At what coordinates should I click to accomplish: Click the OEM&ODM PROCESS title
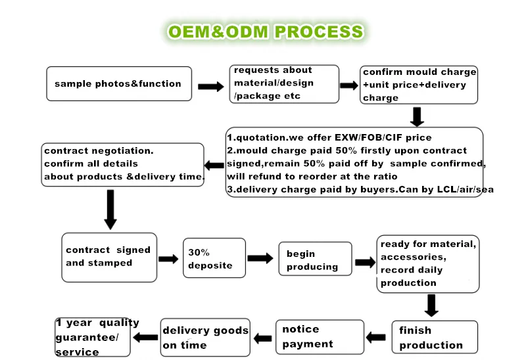click(265, 32)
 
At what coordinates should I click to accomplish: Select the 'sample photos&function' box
click(119, 83)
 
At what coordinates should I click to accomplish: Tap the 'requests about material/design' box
click(284, 83)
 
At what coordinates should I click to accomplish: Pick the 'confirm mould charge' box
click(419, 85)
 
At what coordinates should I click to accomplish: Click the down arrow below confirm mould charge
click(417, 116)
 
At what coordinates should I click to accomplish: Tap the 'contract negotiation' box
click(123, 164)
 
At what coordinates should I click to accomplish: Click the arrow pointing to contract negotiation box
click(214, 164)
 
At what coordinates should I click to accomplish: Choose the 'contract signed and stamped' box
click(109, 257)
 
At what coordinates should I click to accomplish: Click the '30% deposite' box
click(210, 259)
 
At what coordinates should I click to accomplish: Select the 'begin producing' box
click(312, 260)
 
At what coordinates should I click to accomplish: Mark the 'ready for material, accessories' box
click(428, 263)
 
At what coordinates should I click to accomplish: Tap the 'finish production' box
click(430, 338)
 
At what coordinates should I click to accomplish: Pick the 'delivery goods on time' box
click(205, 338)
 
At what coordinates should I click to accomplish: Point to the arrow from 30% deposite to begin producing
click(260, 259)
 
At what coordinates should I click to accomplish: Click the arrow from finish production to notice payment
click(376, 338)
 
